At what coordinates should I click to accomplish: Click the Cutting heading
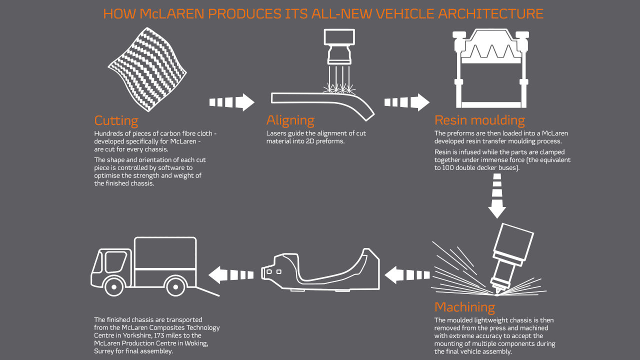point(116,121)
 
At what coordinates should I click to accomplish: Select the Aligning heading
point(290,121)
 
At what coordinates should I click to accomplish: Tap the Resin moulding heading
point(479,121)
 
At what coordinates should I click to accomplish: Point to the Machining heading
point(464,307)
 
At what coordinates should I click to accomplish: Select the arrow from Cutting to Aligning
point(231,102)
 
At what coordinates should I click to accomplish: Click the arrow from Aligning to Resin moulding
point(406,102)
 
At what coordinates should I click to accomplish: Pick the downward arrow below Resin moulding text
point(497,196)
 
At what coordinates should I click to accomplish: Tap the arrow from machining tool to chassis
point(407,274)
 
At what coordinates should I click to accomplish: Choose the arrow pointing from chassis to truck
point(231,274)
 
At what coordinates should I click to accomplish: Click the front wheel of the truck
point(114,287)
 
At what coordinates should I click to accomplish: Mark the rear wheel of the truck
point(174,287)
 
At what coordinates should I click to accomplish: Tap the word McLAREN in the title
point(171,13)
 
